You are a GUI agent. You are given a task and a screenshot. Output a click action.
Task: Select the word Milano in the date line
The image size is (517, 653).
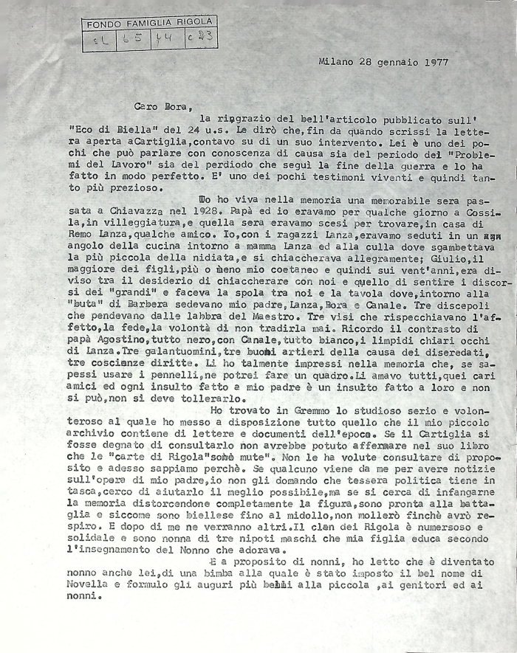coord(336,63)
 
